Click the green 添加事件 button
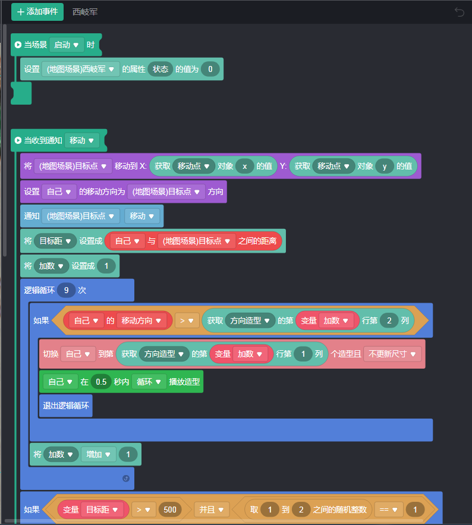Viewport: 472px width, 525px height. (37, 12)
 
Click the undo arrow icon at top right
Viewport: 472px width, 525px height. (459, 12)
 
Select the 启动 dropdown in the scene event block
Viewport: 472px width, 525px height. (66, 45)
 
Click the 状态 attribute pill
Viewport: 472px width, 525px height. (161, 69)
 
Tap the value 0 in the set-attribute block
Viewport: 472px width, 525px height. (210, 69)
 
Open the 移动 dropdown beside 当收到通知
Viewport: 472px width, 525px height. (81, 141)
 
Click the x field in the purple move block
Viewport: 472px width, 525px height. (244, 166)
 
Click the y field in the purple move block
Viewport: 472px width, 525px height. (384, 166)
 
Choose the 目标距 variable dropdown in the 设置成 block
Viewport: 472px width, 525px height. (55, 241)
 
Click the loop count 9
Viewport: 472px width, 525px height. (66, 290)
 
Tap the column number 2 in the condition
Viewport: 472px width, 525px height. (389, 320)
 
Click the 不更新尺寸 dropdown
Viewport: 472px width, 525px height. (392, 354)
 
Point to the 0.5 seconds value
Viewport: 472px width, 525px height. (102, 382)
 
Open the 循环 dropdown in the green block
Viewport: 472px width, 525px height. (149, 382)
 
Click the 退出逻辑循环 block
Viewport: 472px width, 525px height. (65, 406)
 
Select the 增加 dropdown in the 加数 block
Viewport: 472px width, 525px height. (98, 454)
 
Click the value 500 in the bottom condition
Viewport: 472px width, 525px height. (170, 510)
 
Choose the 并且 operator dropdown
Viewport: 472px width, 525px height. (211, 510)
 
